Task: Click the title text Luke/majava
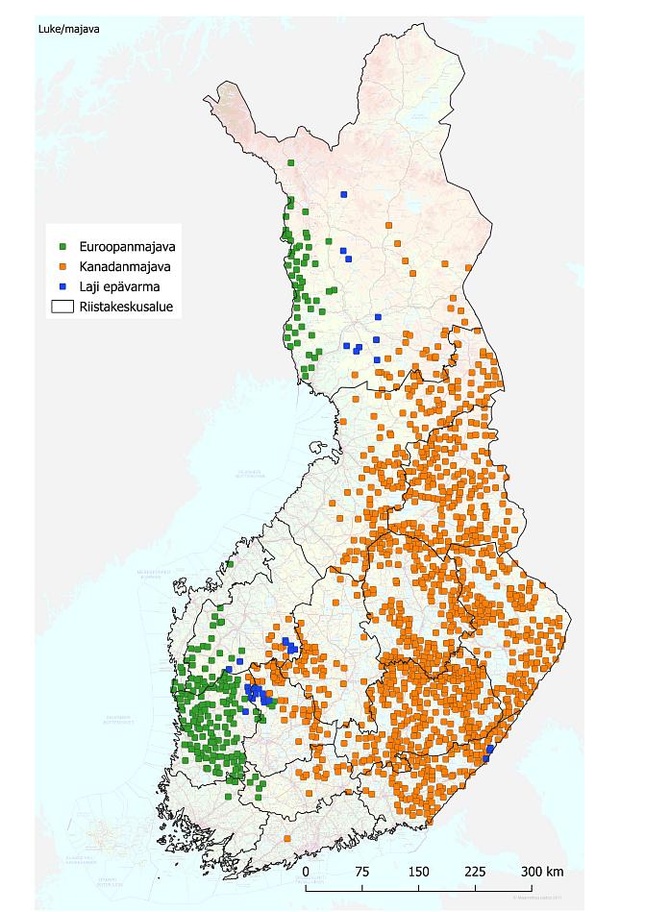point(68,28)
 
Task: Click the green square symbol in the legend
point(62,247)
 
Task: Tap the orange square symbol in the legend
point(62,266)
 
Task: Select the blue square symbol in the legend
point(62,286)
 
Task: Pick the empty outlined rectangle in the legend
point(62,308)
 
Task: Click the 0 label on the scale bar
point(306,872)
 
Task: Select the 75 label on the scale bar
point(362,872)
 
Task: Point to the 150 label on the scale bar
point(418,872)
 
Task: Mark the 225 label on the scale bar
point(475,872)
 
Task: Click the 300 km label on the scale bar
point(541,872)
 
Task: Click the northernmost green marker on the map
point(290,163)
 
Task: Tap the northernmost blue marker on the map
point(344,194)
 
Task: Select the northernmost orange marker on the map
point(387,225)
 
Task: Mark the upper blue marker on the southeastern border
point(490,749)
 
